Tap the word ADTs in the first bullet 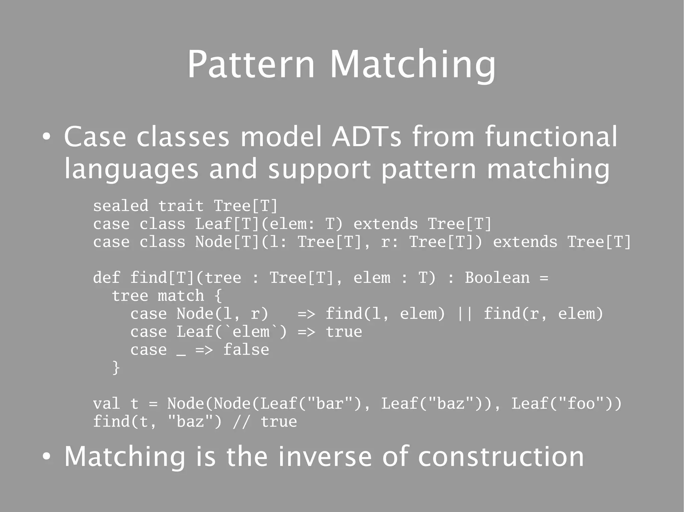(x=366, y=136)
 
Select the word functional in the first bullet (x=551, y=136)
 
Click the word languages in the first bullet (x=131, y=169)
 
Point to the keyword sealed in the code (x=121, y=206)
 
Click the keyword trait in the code (x=181, y=206)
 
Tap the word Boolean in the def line (x=497, y=278)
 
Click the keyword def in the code (x=107, y=278)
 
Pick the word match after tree (x=181, y=296)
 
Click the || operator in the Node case (x=465, y=314)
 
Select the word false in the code (x=246, y=350)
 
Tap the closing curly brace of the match (x=116, y=368)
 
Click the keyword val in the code (x=107, y=404)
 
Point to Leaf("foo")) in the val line (x=566, y=404)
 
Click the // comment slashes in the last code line (x=241, y=422)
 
